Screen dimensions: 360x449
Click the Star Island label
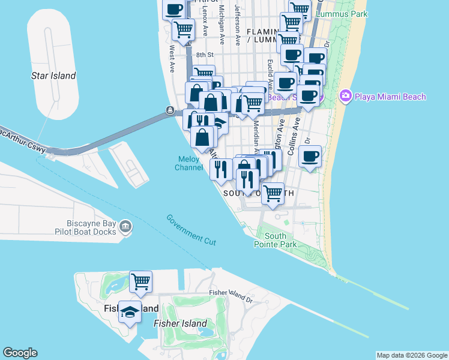pyautogui.click(x=53, y=76)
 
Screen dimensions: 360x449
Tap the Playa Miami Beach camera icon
pyautogui.click(x=345, y=96)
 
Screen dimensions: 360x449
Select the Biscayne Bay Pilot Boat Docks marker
pyautogui.click(x=125, y=226)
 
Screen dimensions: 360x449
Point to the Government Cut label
pyautogui.click(x=191, y=229)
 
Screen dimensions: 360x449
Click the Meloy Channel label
pyautogui.click(x=189, y=163)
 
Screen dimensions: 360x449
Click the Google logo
pyautogui.click(x=20, y=353)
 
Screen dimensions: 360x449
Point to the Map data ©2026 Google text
pyautogui.click(x=411, y=355)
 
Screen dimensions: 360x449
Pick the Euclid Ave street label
pyautogui.click(x=271, y=71)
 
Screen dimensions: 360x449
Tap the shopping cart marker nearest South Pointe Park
pyautogui.click(x=273, y=194)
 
